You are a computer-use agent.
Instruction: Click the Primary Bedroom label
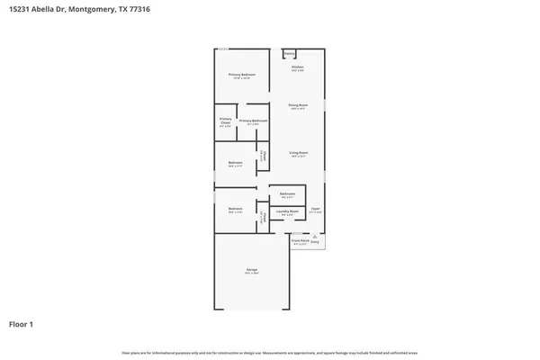[241, 75]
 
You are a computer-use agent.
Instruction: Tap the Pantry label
[290, 54]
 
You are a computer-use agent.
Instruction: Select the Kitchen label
[297, 68]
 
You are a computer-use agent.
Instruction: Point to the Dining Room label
[298, 105]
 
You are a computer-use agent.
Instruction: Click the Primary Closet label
[225, 121]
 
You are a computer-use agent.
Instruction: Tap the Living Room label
[299, 154]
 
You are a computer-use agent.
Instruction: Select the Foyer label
[315, 209]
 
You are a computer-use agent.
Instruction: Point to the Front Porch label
[301, 240]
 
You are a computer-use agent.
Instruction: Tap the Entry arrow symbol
[315, 236]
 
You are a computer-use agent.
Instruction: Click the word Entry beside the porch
[315, 242]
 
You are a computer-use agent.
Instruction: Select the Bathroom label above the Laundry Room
[288, 194]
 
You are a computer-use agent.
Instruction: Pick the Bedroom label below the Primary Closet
[236, 163]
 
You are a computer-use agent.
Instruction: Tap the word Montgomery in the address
[91, 8]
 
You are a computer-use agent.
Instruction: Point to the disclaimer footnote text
[270, 352]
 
